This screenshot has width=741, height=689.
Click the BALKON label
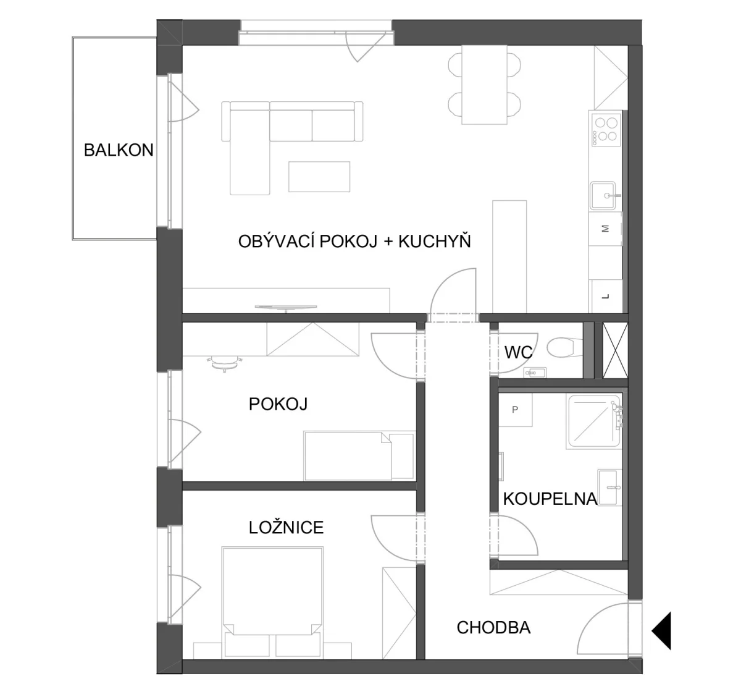pos(119,150)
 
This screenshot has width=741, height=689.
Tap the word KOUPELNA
pos(550,499)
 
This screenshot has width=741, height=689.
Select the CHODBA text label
pos(493,628)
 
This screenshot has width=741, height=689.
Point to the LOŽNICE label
pos(286,528)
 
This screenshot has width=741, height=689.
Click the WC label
pos(518,352)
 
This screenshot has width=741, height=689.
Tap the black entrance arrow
pos(661,631)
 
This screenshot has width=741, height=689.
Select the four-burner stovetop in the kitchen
pos(606,130)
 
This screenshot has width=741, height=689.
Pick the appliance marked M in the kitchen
pos(605,229)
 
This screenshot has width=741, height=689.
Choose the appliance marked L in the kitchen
pos(606,296)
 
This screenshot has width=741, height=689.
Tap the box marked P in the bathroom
pos(515,410)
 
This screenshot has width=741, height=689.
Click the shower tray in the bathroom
pos(593,421)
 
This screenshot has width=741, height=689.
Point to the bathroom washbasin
pos(609,487)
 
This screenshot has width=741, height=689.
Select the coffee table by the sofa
pos(319,177)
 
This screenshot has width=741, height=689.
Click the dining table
pos(484,85)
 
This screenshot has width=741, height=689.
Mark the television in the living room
pos(286,308)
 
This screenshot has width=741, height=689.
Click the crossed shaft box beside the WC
pos(615,350)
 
